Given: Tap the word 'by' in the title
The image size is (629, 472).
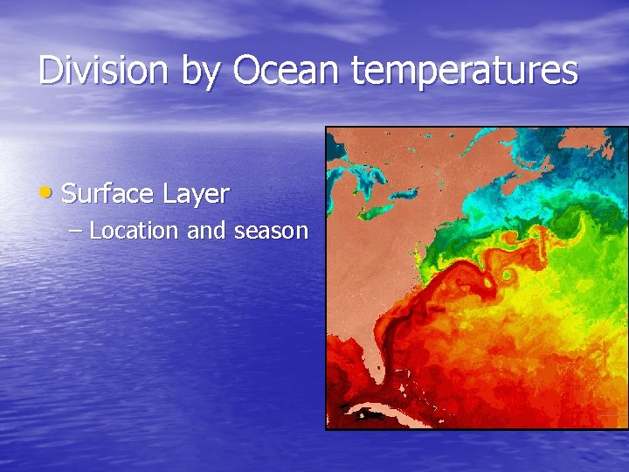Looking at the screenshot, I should coord(201,72).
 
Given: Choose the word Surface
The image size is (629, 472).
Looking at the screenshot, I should coord(109,193).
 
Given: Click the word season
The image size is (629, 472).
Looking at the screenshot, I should coord(271,231).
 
